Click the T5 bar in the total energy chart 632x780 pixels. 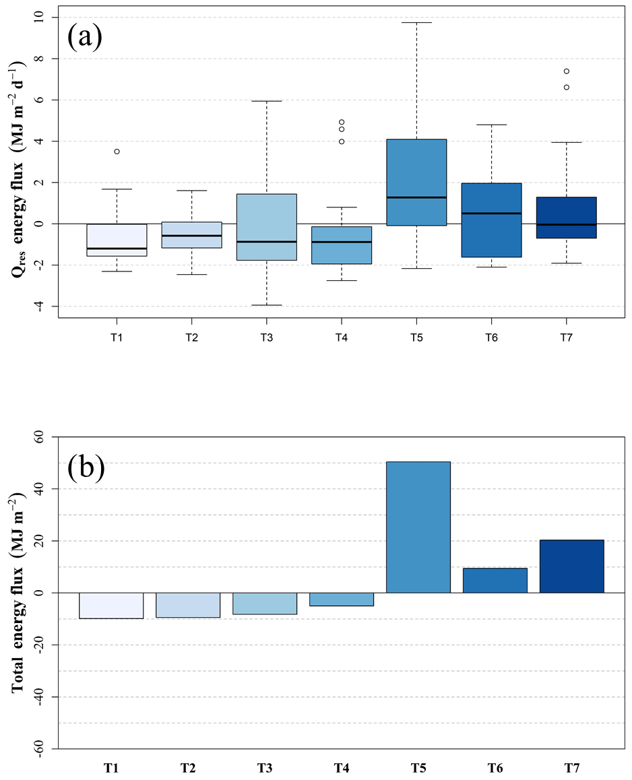418,527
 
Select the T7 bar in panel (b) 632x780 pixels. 571,566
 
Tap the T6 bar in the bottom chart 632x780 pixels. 495,580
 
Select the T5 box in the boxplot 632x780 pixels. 416,182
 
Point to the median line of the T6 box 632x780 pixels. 492,213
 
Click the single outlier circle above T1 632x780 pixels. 117,152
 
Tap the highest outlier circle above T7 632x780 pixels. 567,71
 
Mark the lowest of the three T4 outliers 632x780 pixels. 342,141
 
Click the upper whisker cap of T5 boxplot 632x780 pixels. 416,23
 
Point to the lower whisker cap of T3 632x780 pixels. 267,305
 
